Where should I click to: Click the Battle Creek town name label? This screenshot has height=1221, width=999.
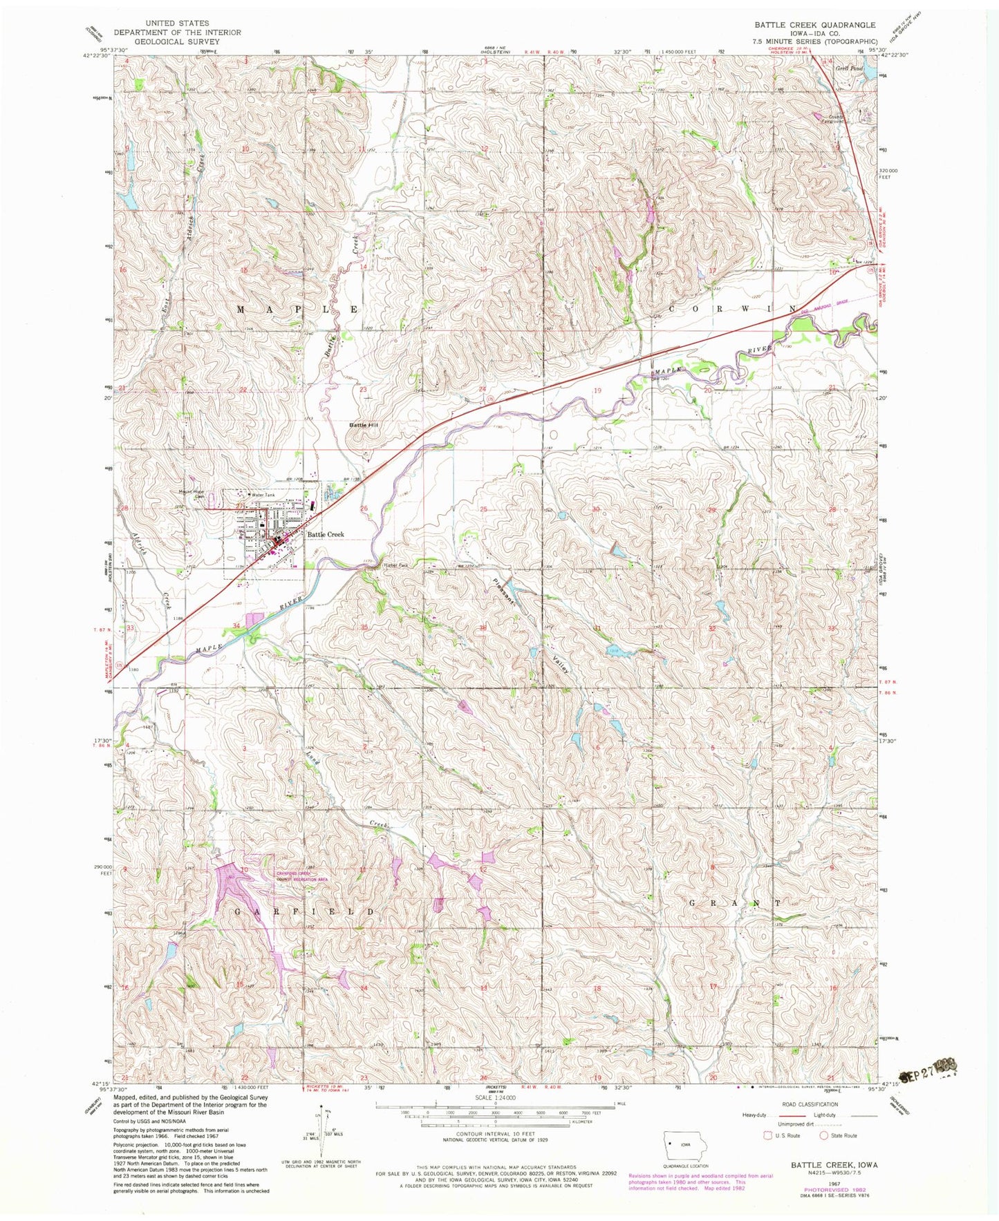coord(326,534)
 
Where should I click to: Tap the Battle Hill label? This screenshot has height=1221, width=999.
coord(364,424)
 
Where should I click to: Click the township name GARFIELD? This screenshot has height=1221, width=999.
coord(306,912)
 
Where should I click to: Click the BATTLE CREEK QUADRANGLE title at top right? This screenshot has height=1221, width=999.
coord(814,25)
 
